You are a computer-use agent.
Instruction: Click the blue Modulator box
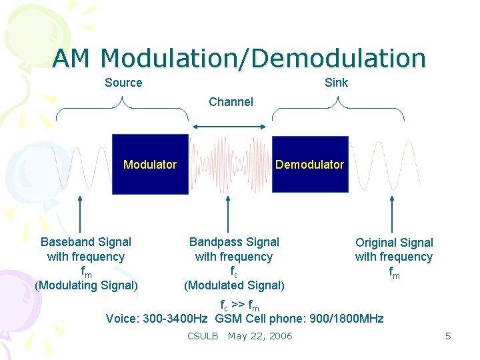[150, 164]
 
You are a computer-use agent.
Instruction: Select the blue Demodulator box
[310, 164]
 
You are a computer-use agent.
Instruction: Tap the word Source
[123, 83]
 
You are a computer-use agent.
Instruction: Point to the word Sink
[336, 83]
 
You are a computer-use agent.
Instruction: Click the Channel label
[231, 102]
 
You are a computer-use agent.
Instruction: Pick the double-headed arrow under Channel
[231, 126]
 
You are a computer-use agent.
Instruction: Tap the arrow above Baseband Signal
[81, 213]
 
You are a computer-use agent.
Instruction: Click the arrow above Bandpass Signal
[229, 213]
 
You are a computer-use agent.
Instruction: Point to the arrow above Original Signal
[392, 213]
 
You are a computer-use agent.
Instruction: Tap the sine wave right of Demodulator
[377, 167]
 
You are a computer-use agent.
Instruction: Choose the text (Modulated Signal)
[234, 286]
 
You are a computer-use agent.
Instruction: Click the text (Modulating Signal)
[86, 286]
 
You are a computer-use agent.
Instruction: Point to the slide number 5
[448, 336]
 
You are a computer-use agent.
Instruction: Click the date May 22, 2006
[260, 336]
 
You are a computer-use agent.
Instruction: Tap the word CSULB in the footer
[203, 336]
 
